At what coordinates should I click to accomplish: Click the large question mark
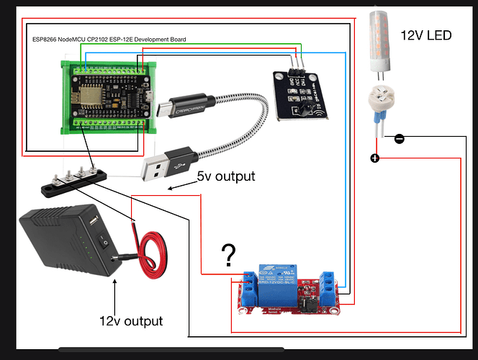229,255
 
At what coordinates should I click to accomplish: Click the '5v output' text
224,176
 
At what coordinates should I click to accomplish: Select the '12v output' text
132,320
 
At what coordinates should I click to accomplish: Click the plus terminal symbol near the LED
374,158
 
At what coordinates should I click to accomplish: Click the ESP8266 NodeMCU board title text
115,40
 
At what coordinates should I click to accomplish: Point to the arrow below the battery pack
114,290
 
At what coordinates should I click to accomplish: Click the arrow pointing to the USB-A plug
180,186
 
